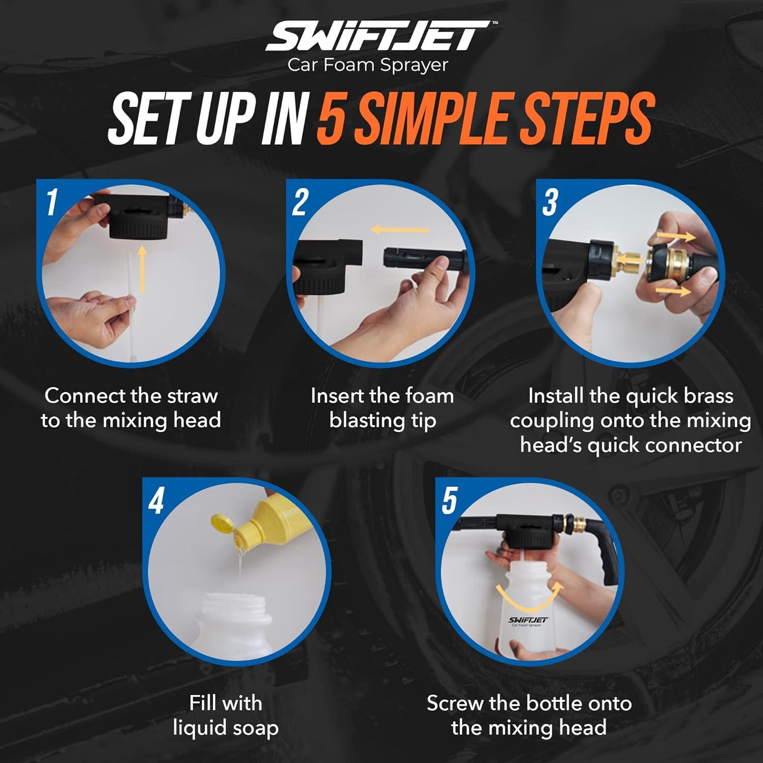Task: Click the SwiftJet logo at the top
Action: pos(376,37)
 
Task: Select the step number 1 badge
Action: pos(51,202)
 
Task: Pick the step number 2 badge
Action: pos(300,202)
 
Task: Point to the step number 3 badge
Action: pos(550,202)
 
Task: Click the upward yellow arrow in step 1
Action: pos(142,269)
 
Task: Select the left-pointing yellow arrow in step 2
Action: pos(400,230)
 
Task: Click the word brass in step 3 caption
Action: pos(707,396)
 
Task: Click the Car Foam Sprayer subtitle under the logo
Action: pos(368,65)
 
